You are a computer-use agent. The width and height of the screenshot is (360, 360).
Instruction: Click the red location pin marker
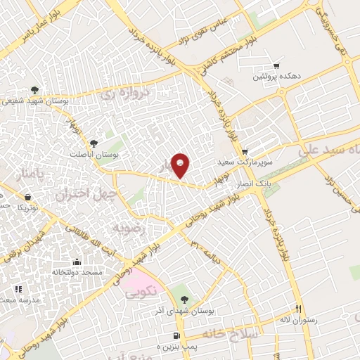coord(181,165)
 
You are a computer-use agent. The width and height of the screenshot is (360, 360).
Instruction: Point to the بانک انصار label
coord(254,183)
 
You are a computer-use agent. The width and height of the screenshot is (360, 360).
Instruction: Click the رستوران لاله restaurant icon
coord(299,309)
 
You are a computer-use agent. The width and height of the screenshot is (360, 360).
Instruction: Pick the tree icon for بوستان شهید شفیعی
coord(34,89)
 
